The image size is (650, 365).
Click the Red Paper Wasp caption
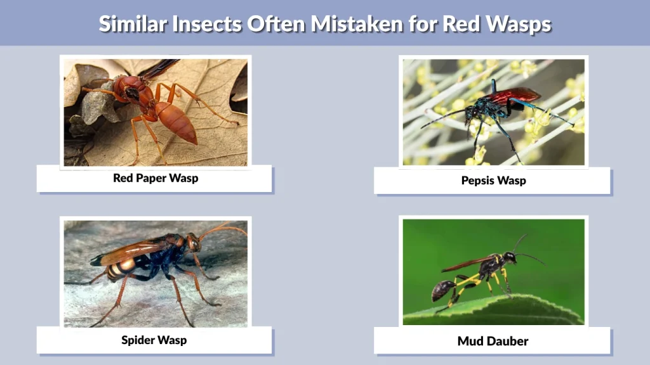[x=156, y=178]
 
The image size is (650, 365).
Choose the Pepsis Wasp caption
[x=493, y=181]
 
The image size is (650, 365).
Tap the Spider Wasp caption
[x=154, y=340]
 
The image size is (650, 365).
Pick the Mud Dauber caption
[x=493, y=342]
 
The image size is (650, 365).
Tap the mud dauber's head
[x=509, y=257]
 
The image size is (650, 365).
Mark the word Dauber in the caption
[x=507, y=342]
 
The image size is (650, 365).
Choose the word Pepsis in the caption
[x=477, y=181]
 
